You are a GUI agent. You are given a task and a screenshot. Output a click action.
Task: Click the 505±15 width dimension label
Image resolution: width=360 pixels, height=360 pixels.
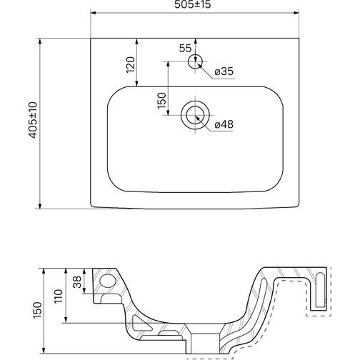(x=193, y=4)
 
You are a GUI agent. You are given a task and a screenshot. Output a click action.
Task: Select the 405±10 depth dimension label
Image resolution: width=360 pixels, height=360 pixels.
(x=33, y=120)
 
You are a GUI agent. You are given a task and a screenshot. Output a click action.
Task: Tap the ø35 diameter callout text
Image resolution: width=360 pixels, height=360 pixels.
(x=224, y=71)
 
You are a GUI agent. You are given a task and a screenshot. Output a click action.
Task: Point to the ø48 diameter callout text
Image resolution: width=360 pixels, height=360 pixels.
(x=224, y=124)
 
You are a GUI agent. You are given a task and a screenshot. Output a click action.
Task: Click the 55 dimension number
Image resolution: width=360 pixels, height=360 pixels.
(x=185, y=49)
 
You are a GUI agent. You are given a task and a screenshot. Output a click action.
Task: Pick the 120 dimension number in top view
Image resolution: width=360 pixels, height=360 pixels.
(x=131, y=65)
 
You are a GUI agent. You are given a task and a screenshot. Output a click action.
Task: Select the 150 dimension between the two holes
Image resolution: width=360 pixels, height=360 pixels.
(x=161, y=101)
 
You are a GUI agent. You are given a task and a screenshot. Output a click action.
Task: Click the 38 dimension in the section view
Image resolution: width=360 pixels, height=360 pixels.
(x=77, y=282)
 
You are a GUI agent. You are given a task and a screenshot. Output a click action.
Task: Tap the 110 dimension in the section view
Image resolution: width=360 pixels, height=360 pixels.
(x=59, y=296)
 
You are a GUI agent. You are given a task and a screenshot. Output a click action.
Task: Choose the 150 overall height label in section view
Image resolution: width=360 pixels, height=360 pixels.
(x=37, y=310)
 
